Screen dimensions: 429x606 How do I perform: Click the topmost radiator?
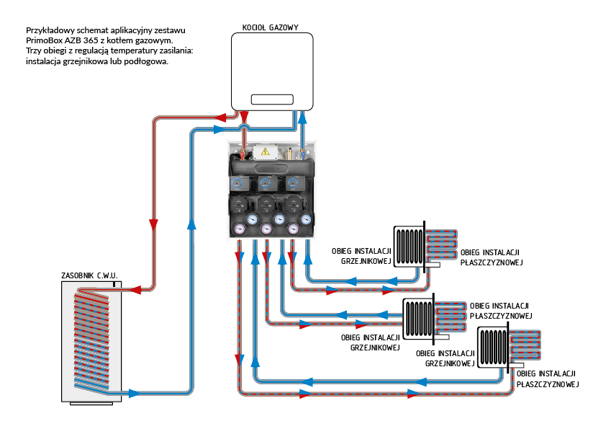[408, 246]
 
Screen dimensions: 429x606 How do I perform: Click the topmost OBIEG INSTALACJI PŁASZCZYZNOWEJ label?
[490, 257]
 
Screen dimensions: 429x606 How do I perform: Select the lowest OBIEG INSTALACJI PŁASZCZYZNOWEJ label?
[548, 379]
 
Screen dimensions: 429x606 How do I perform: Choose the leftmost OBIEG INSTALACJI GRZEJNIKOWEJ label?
[361, 256]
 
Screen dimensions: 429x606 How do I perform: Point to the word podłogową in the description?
[147, 61]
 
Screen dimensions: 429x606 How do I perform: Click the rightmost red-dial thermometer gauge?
[294, 230]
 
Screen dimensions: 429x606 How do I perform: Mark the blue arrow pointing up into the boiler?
[303, 120]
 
